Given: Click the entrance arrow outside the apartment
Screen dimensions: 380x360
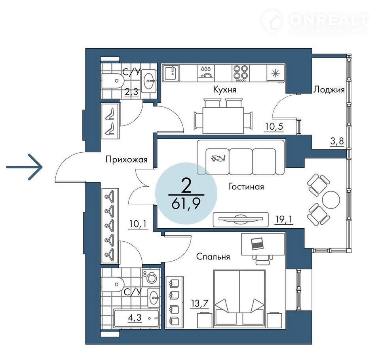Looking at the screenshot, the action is pyautogui.click(x=24, y=167).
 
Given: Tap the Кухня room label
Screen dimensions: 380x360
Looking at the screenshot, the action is pyautogui.click(x=225, y=90).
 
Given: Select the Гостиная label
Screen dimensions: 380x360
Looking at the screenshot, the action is pyautogui.click(x=246, y=187).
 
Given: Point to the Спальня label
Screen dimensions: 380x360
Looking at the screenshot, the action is pyautogui.click(x=213, y=256).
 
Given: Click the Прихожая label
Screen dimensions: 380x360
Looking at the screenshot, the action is pyautogui.click(x=127, y=160).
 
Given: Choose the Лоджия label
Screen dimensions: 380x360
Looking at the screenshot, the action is pyautogui.click(x=329, y=90).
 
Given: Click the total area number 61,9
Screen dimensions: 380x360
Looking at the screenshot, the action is pyautogui.click(x=186, y=204).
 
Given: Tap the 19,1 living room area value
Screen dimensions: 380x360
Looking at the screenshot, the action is pyautogui.click(x=284, y=219).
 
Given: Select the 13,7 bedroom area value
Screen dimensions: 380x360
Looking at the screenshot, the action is pyautogui.click(x=199, y=303).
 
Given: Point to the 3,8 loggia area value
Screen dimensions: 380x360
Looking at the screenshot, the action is pyautogui.click(x=337, y=141).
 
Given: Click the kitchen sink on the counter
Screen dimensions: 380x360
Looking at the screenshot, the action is pyautogui.click(x=171, y=73).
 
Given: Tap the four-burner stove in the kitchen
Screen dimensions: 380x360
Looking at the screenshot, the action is pyautogui.click(x=241, y=73).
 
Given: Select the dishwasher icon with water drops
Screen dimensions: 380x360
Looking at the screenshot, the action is pyautogui.click(x=206, y=72).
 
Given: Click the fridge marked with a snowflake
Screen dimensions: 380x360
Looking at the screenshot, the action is pyautogui.click(x=275, y=73).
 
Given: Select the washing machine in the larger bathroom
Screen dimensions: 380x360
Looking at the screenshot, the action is pyautogui.click(x=151, y=278).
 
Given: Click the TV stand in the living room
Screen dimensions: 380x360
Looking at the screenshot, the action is pyautogui.click(x=241, y=220).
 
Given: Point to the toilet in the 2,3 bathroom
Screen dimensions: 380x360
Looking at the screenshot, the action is pyautogui.click(x=113, y=81).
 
